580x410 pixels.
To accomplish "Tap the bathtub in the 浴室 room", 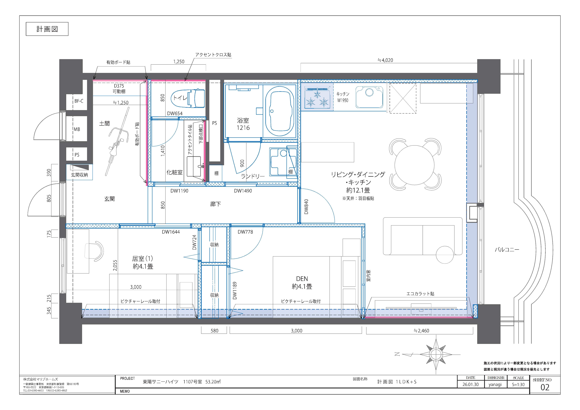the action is tap(280, 111).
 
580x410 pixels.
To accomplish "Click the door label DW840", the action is tap(306, 207).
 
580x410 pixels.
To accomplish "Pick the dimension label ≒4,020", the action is tap(385, 60).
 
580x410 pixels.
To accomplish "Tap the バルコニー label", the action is tap(507, 250).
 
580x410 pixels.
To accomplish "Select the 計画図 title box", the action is tap(47, 29).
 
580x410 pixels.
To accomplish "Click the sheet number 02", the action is tap(545, 387).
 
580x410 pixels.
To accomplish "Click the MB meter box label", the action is tap(77, 129).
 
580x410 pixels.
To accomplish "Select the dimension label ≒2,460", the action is tap(421, 331).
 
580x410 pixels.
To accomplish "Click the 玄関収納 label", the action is tap(79, 175).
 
